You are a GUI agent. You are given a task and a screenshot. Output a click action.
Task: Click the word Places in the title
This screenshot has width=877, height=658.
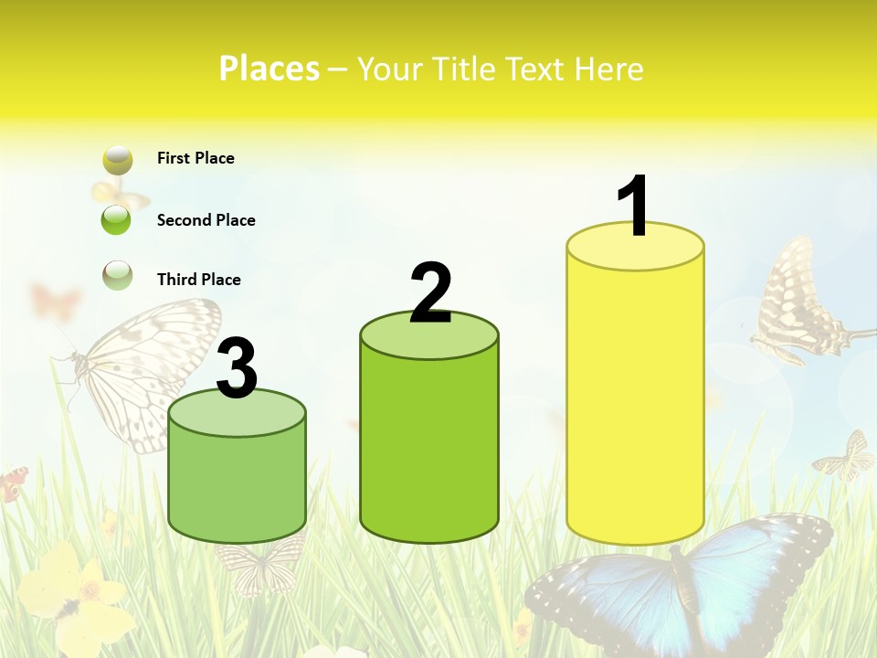269,69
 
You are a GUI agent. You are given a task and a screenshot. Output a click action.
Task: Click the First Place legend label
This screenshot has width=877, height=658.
195,158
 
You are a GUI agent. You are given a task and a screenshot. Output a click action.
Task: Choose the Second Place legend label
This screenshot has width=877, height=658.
206,220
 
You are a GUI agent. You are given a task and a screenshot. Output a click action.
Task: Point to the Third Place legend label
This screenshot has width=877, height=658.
198,280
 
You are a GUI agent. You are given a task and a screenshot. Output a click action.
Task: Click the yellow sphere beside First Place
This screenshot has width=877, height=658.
117,160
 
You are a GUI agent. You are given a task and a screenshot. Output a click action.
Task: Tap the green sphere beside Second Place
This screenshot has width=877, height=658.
117,220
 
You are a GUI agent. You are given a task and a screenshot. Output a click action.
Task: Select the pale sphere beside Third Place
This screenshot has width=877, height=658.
117,275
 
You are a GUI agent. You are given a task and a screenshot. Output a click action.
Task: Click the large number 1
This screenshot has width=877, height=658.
632,207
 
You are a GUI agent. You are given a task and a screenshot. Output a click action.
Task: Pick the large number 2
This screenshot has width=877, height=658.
431,293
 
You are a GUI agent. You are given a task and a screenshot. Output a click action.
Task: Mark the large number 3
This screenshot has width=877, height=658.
237,369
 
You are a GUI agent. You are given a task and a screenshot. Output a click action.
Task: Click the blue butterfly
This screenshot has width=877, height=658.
681,581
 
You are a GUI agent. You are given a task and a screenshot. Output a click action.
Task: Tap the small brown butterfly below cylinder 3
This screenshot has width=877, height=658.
260,562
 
